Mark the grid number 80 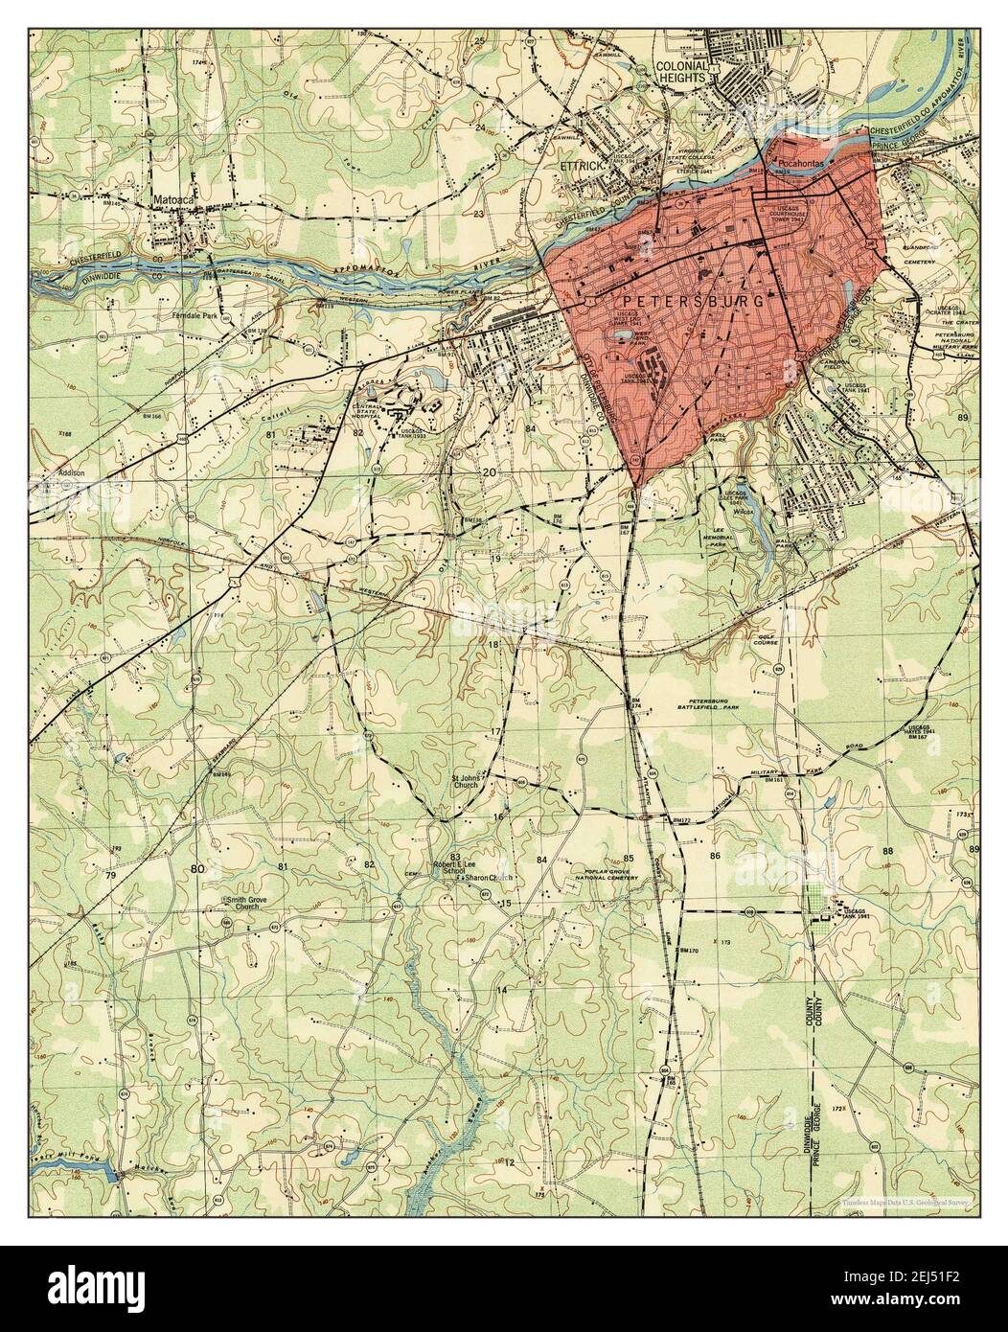(x=197, y=868)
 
